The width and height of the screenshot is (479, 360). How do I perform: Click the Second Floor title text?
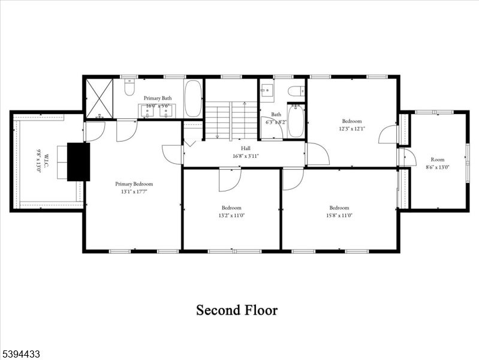coord(237,310)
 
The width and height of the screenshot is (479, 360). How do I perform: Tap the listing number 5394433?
coord(20,354)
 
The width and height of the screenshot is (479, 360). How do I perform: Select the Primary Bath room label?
coord(157,98)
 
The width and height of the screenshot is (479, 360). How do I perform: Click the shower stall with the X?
coord(99,98)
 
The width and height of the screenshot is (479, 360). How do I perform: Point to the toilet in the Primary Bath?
coord(129,88)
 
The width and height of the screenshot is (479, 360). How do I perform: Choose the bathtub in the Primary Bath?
coord(192,98)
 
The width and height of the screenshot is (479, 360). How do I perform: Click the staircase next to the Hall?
coord(231,120)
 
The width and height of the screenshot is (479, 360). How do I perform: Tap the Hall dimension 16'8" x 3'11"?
coord(246,156)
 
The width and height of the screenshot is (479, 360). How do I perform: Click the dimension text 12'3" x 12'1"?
coord(352,128)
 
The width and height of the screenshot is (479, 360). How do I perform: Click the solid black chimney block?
coord(78,161)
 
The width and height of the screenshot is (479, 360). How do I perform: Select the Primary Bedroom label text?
coord(134,184)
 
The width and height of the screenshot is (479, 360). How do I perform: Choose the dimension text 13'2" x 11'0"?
coord(231,215)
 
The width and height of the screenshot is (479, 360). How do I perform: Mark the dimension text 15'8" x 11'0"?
coord(339,215)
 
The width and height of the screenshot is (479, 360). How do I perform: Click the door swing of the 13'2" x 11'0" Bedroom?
coord(230,178)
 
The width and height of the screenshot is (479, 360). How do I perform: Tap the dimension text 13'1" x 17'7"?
coord(134,192)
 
